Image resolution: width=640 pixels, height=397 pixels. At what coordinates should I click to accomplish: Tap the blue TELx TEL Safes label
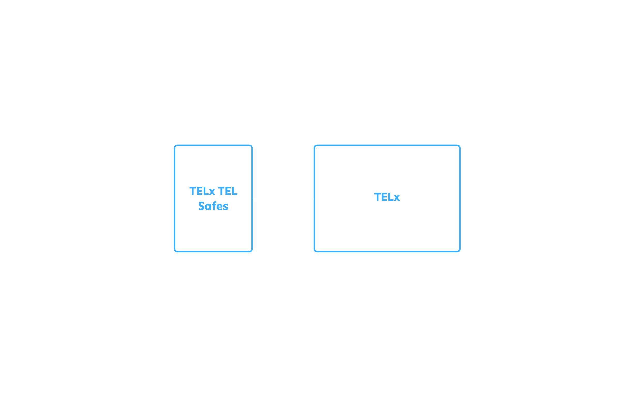click(x=213, y=198)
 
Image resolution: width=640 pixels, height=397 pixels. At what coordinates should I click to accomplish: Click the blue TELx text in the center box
click(x=387, y=197)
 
